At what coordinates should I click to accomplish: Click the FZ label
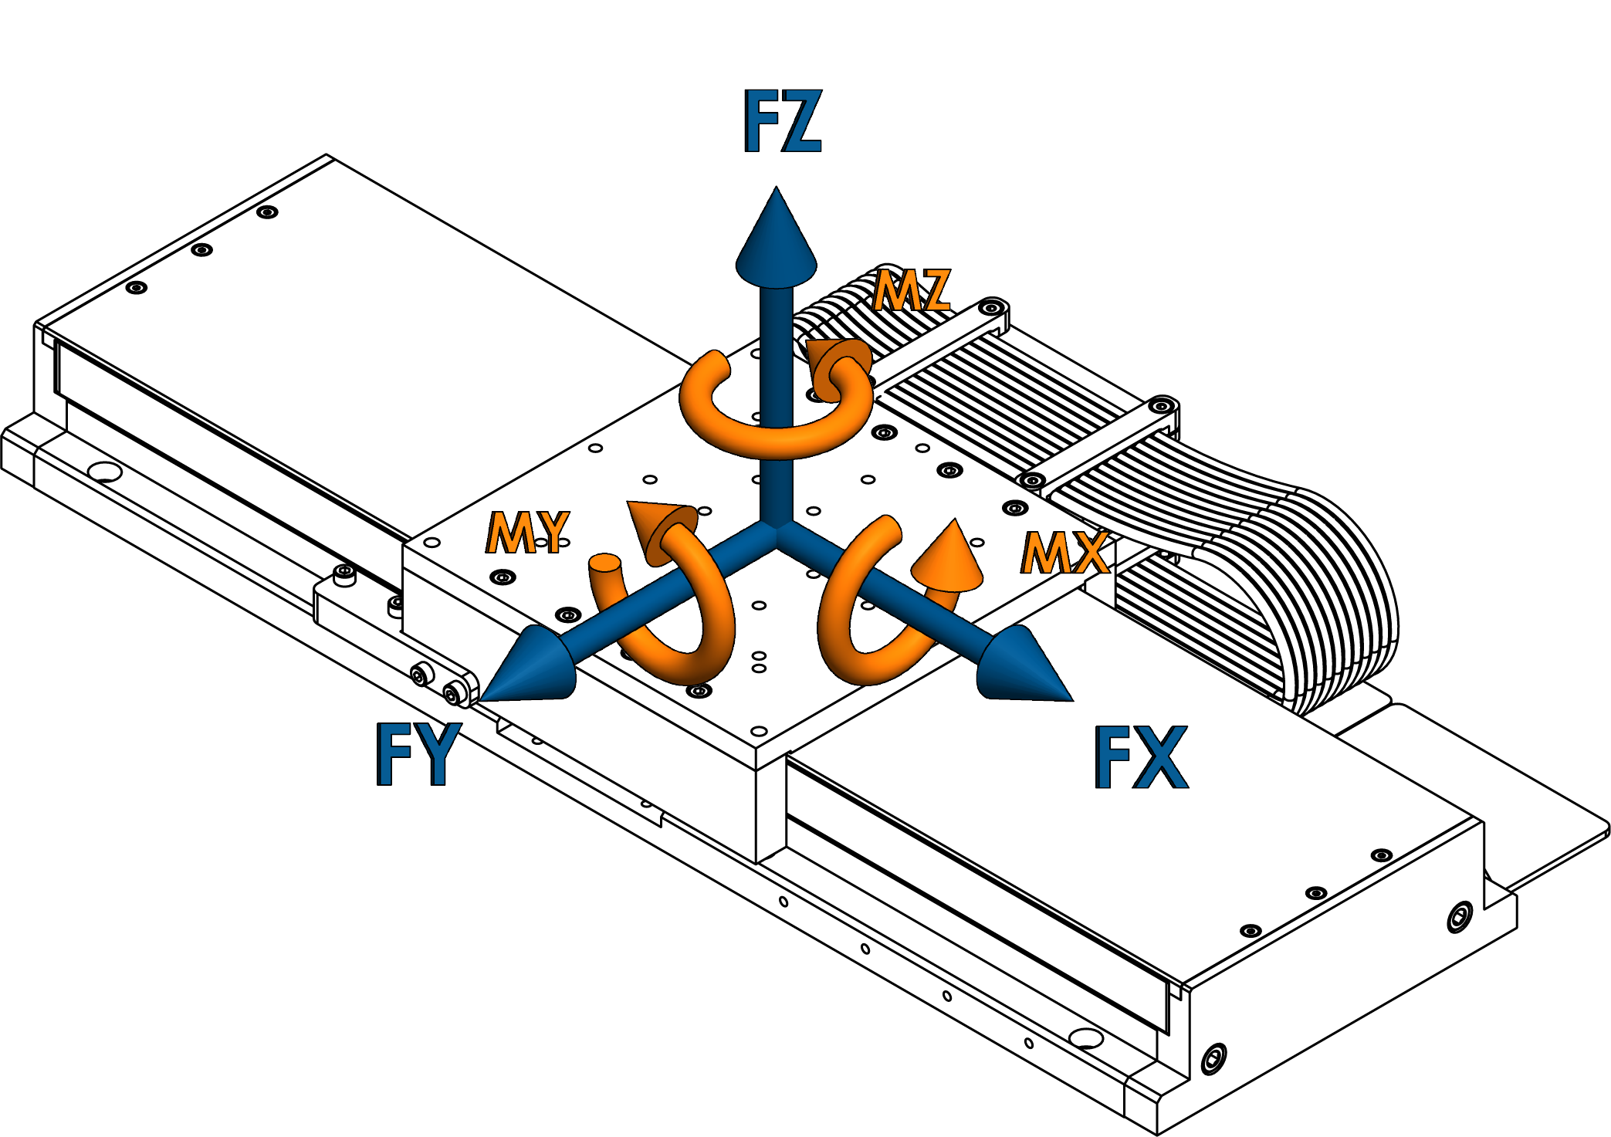782,122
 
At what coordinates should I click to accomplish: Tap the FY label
419,754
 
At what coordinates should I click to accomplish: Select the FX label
1142,758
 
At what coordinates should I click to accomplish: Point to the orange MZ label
912,291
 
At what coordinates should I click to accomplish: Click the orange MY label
528,533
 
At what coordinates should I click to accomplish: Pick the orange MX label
1066,553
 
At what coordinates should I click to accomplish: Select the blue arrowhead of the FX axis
1020,668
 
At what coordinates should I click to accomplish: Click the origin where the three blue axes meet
776,530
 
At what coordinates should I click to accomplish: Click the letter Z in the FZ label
803,122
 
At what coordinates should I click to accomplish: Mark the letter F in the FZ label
760,122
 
